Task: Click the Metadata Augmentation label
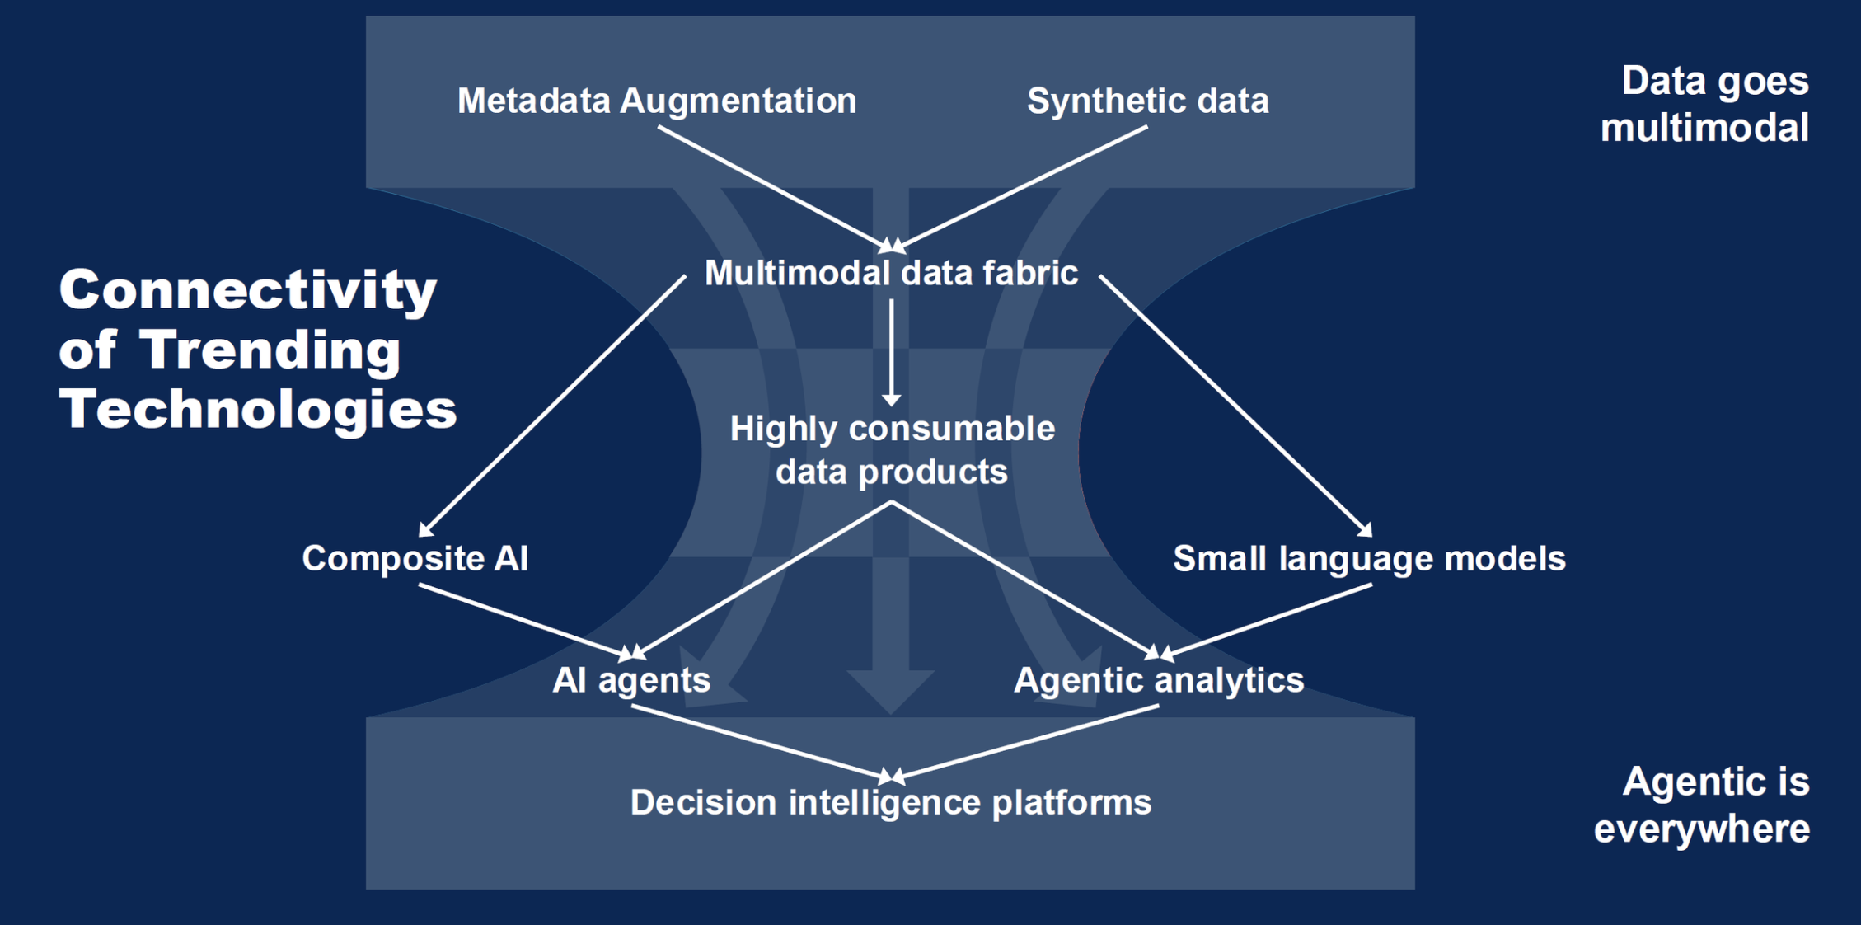657,101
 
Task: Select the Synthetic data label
1147,101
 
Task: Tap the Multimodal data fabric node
891,273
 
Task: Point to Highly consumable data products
892,450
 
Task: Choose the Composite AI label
415,558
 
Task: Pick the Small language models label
1369,558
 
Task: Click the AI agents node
631,680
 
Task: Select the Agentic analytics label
1159,680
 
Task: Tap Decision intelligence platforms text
891,802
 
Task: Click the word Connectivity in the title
247,290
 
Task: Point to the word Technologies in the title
257,409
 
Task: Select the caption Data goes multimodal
1704,104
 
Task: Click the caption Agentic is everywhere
1702,805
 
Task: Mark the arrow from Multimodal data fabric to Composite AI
552,406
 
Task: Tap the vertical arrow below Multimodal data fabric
891,350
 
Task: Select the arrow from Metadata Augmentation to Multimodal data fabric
771,186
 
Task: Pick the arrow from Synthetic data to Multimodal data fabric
1022,186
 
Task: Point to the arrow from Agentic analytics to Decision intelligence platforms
1026,741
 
